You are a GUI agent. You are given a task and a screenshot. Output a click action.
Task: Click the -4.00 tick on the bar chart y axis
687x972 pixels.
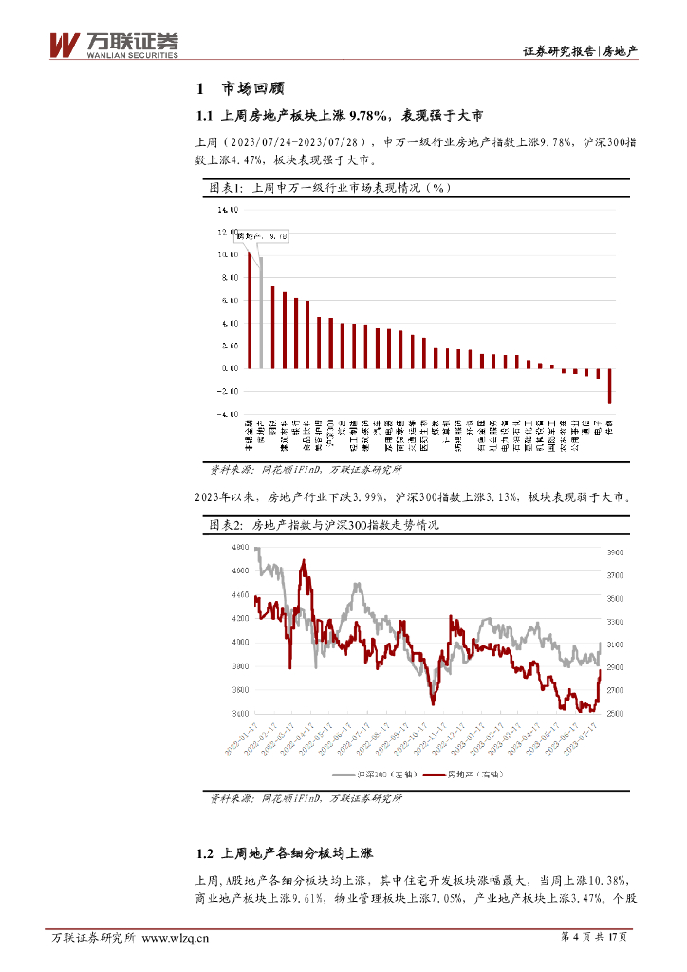coord(229,414)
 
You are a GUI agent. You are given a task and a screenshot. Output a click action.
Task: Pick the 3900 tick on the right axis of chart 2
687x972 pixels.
coord(614,551)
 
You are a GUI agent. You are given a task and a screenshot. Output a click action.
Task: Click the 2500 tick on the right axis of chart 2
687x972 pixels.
coord(614,714)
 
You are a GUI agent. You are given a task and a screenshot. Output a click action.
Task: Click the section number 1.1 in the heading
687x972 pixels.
coord(204,117)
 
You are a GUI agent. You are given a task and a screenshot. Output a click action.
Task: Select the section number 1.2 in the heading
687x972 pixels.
coord(204,826)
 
